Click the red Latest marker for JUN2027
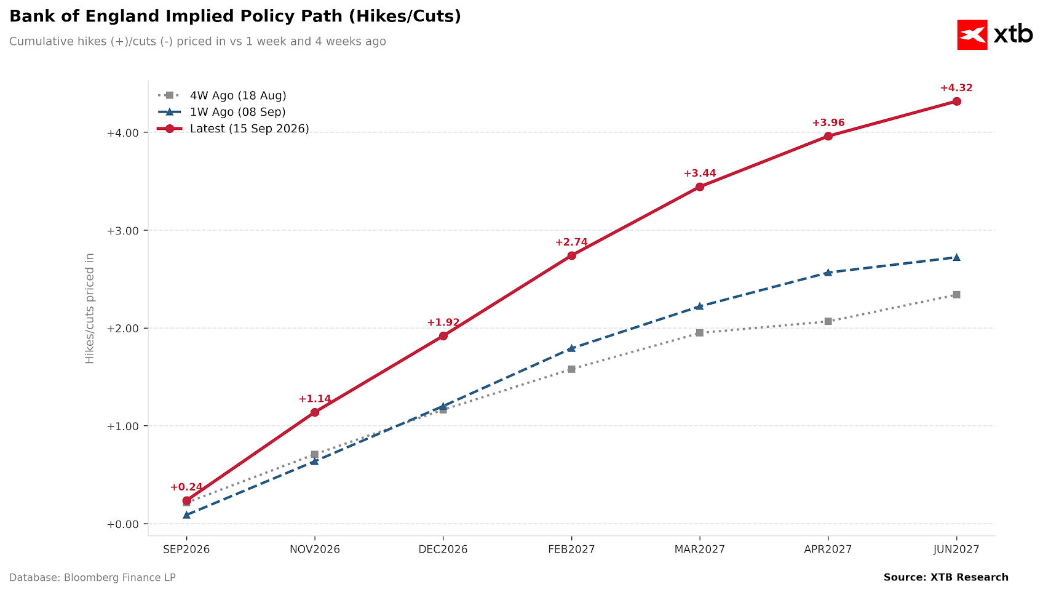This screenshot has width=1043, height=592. coord(956,102)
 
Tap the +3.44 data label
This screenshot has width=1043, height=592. coord(699,174)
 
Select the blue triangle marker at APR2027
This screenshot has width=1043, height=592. coord(828,273)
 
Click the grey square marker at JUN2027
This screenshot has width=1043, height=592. coord(956,295)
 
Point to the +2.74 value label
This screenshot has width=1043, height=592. coord(571,242)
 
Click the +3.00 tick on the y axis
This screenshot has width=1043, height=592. coord(123,231)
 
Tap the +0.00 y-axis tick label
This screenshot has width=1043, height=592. coord(123,524)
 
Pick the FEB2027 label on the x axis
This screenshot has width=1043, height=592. coord(571,550)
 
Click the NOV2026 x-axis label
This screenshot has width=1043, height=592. coord(315,550)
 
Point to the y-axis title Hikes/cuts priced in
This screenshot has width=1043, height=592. coord(89,308)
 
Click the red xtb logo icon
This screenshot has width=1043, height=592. coord(972,34)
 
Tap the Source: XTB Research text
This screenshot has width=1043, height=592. coord(946,578)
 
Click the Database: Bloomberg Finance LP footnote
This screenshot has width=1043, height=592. coord(92,578)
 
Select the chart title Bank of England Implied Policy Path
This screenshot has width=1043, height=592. coord(235,16)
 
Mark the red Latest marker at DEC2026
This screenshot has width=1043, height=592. coord(443,336)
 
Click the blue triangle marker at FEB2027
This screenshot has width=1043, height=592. coord(571,348)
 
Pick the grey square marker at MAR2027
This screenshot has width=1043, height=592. coord(699,332)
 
